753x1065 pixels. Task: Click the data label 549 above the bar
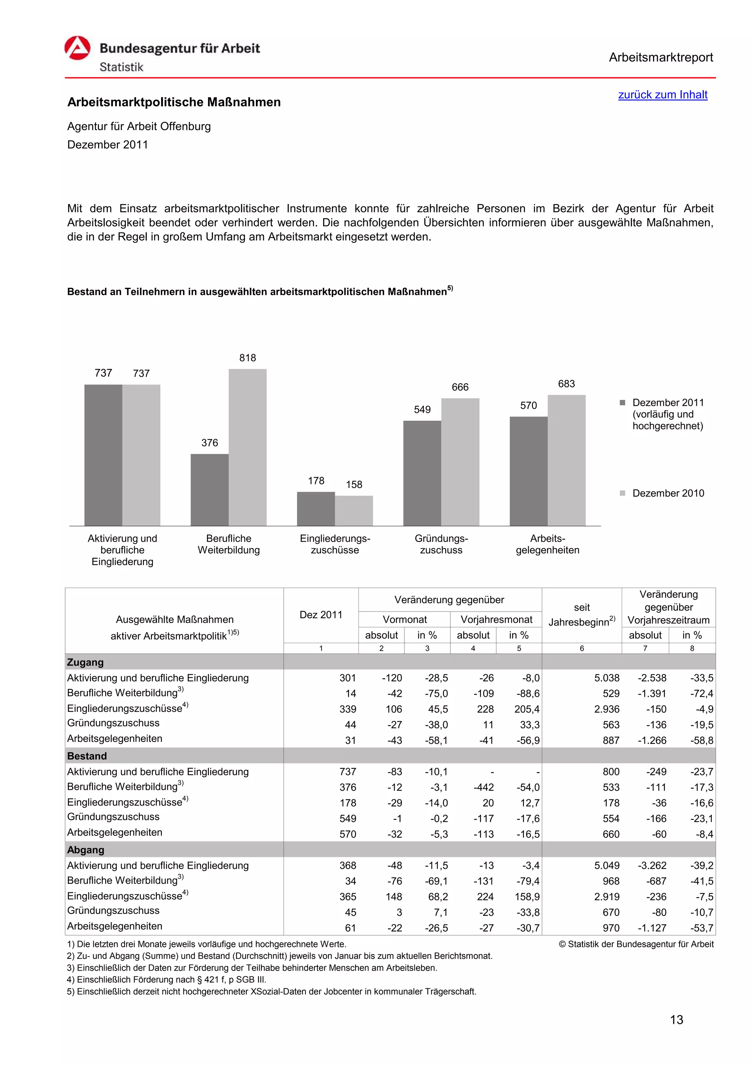[x=422, y=410]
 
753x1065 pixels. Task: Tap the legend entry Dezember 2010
[x=667, y=493]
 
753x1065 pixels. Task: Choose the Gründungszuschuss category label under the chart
[x=441, y=544]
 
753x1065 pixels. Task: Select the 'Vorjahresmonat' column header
[x=496, y=619]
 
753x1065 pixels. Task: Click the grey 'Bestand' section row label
[x=87, y=756]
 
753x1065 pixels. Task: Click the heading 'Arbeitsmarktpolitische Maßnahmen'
[x=174, y=102]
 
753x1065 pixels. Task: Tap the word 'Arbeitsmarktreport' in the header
[x=660, y=58]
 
